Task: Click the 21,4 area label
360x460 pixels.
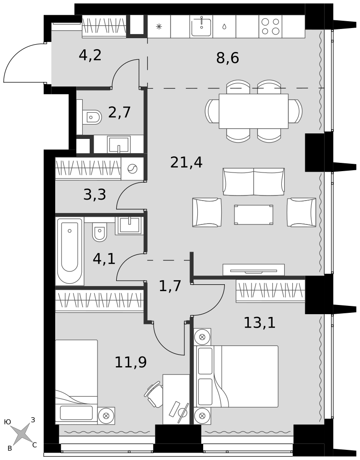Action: [186, 162]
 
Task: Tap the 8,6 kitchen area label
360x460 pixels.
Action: [228, 58]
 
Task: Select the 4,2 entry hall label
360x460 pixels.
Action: [90, 55]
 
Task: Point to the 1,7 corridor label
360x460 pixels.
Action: [170, 286]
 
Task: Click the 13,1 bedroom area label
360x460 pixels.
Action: [259, 323]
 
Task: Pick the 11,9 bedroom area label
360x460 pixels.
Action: [131, 362]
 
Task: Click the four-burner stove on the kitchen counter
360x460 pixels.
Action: [270, 26]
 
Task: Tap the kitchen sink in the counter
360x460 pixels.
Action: [201, 26]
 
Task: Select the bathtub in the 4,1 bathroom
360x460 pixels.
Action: [70, 251]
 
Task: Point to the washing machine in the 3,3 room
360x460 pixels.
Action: [132, 168]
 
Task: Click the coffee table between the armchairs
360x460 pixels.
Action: [254, 215]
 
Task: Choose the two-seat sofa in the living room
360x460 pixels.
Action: [254, 182]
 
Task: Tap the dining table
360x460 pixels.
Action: [254, 111]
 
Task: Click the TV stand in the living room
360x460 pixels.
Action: [254, 270]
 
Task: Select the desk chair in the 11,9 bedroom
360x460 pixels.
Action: [153, 394]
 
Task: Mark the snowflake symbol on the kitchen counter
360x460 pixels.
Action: [159, 27]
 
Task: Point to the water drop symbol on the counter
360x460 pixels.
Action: [224, 27]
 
